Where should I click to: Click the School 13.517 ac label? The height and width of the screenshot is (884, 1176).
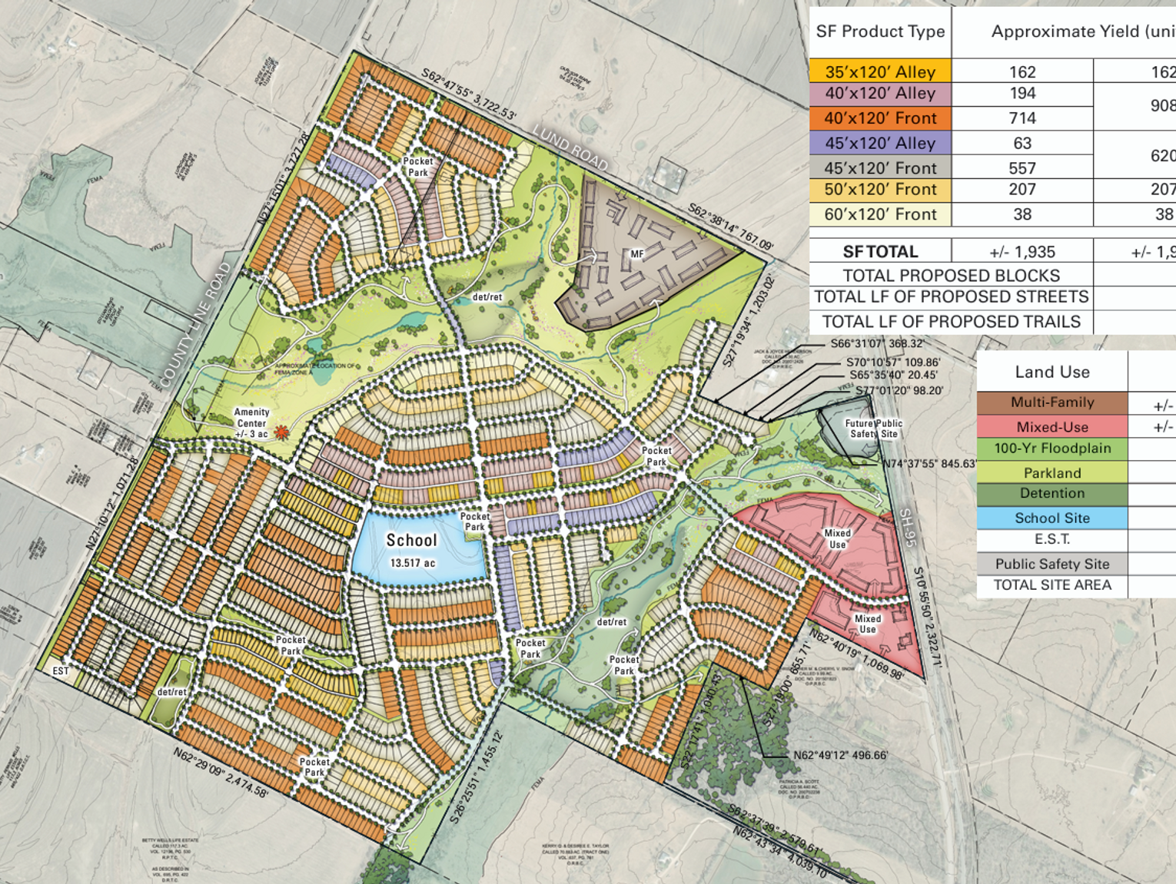tap(412, 550)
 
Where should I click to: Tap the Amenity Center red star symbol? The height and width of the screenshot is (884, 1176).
tap(282, 433)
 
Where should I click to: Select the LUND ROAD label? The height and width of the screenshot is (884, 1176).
tap(570, 148)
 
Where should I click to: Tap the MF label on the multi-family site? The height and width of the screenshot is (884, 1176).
tap(636, 254)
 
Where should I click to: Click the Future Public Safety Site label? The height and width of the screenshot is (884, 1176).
tap(873, 429)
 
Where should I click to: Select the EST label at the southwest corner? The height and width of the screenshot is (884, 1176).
tap(61, 671)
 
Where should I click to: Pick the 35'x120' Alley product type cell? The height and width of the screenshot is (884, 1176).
tap(880, 72)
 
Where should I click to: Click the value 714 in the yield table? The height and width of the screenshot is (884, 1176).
tap(1022, 118)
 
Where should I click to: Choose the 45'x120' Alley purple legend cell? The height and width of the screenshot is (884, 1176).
tap(880, 144)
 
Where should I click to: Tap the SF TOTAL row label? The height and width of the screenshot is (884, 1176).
tap(880, 252)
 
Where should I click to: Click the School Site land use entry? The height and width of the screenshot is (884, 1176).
tap(1051, 518)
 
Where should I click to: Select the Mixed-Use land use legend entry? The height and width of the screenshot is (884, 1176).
tap(1051, 427)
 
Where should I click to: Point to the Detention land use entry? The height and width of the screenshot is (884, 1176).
tap(1051, 494)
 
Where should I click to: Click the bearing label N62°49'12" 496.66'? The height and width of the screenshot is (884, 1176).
tap(840, 756)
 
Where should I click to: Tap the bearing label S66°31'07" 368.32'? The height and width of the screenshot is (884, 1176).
tap(877, 344)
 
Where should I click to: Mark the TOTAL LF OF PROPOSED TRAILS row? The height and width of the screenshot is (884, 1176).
tap(951, 322)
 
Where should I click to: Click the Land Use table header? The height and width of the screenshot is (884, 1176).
tap(1051, 372)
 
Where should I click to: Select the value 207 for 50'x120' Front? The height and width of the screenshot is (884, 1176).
tap(1022, 190)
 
